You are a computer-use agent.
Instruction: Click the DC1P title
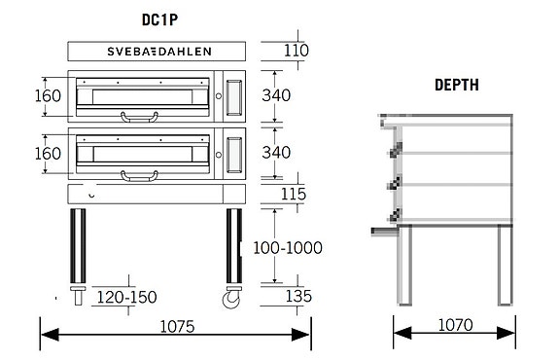click(159, 20)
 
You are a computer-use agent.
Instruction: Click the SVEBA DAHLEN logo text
click(159, 52)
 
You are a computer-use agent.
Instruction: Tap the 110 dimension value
click(296, 51)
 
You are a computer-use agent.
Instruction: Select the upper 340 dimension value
click(276, 95)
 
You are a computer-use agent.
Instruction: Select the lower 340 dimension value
click(276, 153)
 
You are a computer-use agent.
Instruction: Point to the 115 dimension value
click(294, 194)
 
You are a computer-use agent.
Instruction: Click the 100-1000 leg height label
click(288, 247)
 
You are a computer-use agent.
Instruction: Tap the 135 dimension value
click(298, 296)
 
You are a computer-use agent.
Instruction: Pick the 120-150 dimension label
click(127, 297)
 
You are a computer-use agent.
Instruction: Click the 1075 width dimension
click(177, 327)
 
